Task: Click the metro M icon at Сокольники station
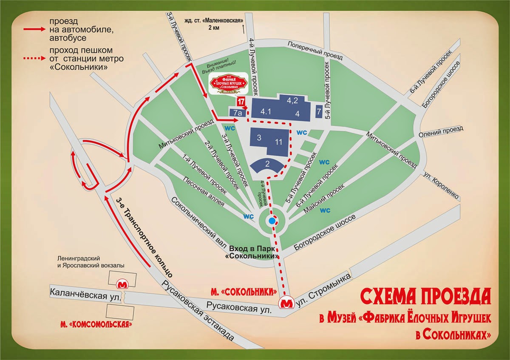(288, 303)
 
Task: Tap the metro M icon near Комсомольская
(123, 283)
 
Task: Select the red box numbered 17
(241, 102)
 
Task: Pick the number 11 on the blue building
(279, 142)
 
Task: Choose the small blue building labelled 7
(319, 112)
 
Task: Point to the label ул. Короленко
(442, 186)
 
